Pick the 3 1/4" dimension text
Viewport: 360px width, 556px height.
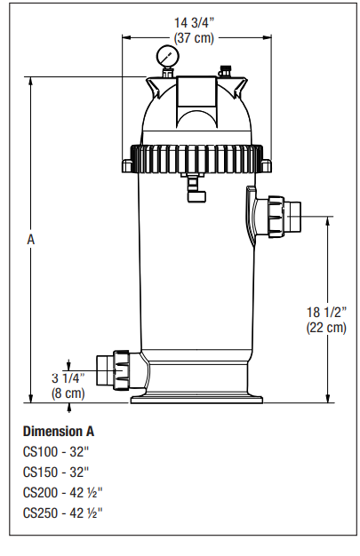coord(68,377)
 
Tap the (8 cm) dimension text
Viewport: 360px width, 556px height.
coord(68,392)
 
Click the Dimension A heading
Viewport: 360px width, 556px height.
coord(58,432)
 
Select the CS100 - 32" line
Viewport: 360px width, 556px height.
coord(59,451)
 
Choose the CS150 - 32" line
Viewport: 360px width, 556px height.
coord(59,472)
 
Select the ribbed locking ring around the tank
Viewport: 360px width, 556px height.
coord(198,158)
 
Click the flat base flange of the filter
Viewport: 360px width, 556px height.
coord(198,399)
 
